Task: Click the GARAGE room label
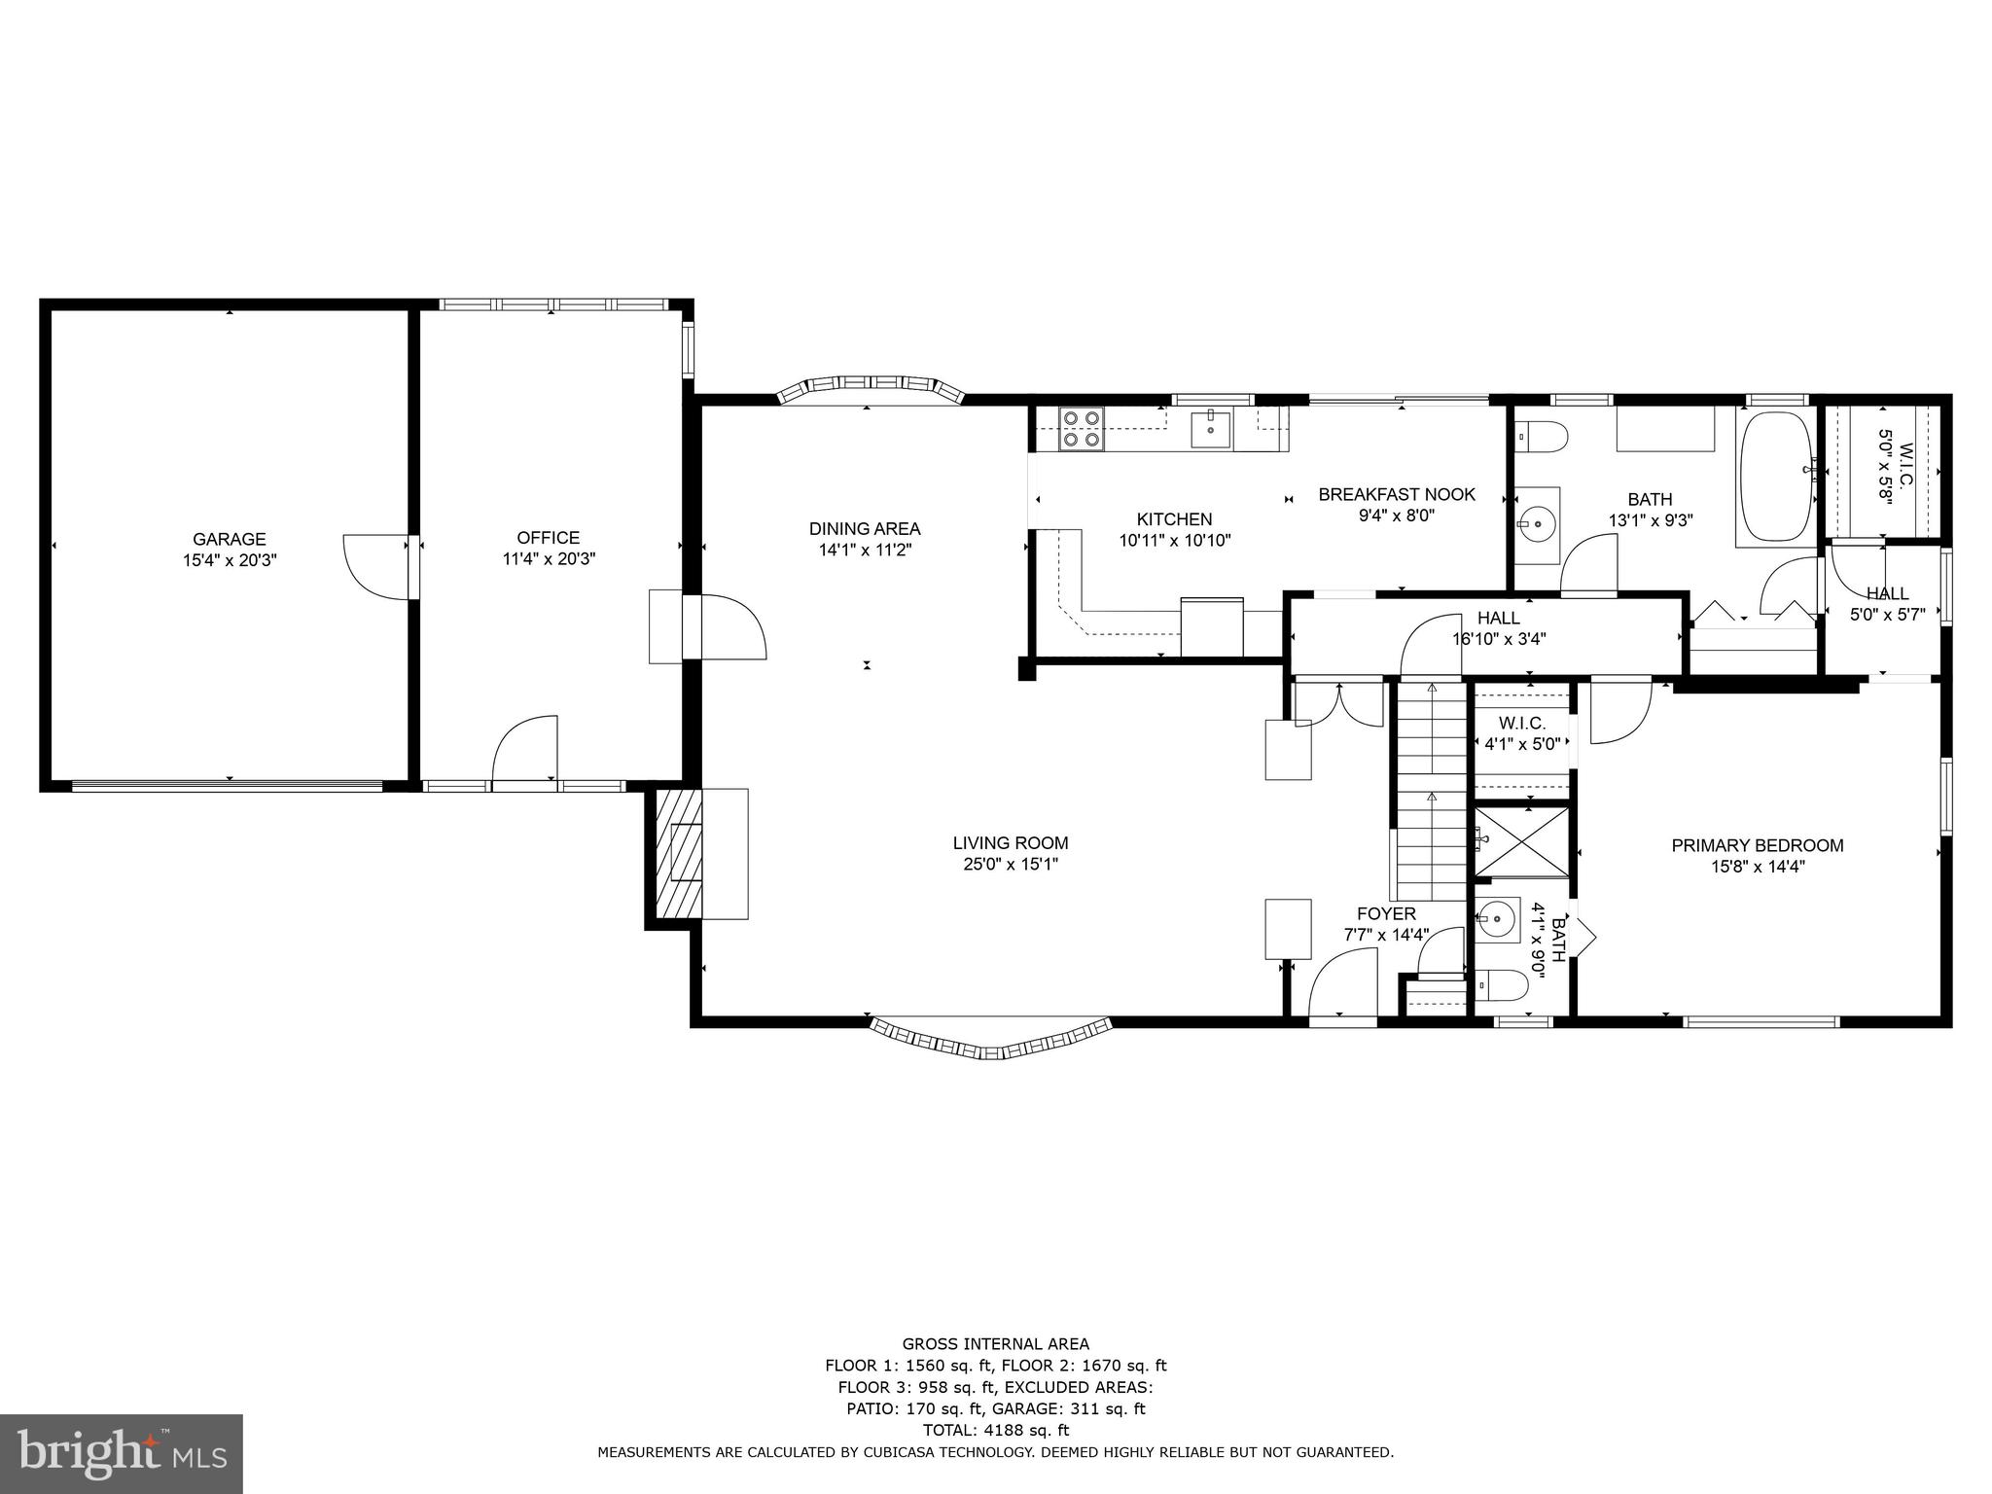[x=229, y=539]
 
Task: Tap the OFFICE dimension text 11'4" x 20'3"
[x=549, y=559]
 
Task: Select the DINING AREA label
[x=865, y=529]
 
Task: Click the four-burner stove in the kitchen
[x=1082, y=428]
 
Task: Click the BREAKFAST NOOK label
[x=1397, y=494]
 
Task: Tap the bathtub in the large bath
[x=1776, y=477]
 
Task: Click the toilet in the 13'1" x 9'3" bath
[x=1540, y=437]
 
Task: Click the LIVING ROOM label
[x=1011, y=843]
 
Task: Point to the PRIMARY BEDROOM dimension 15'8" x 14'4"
[x=1758, y=867]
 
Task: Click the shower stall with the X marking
[x=1522, y=842]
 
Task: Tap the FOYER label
[x=1386, y=913]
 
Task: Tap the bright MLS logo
[x=122, y=1454]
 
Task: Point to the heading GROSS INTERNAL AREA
[x=995, y=1344]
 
